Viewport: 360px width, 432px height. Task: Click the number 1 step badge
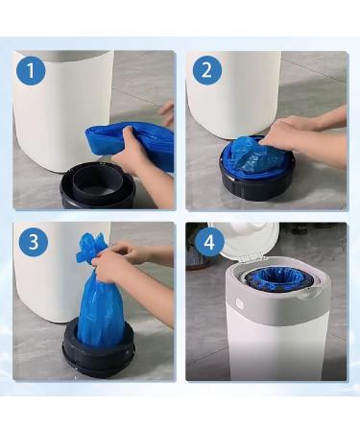[x=32, y=71]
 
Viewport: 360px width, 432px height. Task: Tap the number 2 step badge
[x=205, y=71]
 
